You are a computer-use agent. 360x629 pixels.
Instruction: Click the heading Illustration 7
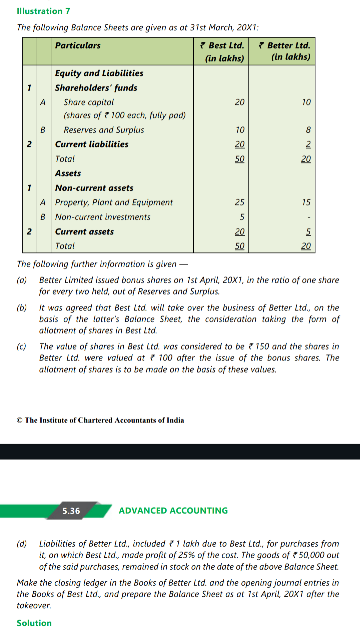click(43, 11)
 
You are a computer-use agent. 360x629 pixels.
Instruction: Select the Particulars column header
click(78, 45)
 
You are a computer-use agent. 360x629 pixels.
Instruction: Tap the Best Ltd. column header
click(222, 51)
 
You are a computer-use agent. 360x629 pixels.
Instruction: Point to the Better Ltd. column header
click(285, 51)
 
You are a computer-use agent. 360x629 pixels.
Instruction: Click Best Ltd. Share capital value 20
click(239, 102)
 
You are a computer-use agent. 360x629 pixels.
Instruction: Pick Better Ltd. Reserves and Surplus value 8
click(308, 130)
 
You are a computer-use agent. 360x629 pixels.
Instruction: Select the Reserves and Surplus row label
click(104, 130)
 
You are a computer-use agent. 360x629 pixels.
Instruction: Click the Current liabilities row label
click(92, 144)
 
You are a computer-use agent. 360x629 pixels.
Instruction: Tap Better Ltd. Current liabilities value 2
click(308, 144)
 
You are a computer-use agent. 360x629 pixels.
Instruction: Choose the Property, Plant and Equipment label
click(114, 202)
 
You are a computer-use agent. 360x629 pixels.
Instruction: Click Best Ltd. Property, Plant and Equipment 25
click(239, 202)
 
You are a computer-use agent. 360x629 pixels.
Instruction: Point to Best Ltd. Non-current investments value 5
click(242, 217)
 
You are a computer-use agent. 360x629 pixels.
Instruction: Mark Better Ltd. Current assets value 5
click(308, 231)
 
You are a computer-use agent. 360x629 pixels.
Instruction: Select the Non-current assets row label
click(94, 188)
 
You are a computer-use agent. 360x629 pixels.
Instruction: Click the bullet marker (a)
click(22, 280)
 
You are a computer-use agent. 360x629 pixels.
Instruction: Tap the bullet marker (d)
click(22, 544)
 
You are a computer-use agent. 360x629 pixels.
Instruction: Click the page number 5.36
click(71, 511)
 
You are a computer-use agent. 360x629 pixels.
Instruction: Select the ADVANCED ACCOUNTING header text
click(173, 511)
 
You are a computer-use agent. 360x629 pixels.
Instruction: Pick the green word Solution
click(34, 623)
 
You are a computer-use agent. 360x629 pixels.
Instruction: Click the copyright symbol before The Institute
click(20, 420)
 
